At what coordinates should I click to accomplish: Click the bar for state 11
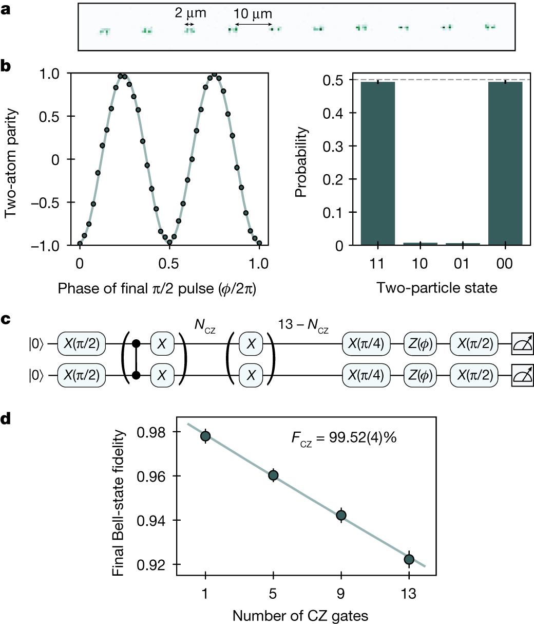tap(378, 163)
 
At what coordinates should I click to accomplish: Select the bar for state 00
tap(505, 163)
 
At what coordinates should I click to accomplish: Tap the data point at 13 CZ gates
tap(409, 559)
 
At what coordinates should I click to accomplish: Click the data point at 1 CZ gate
tap(205, 436)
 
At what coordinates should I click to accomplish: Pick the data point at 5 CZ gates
tap(273, 475)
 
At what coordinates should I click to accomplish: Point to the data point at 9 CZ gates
tap(341, 515)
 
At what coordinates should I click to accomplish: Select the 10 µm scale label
tap(253, 14)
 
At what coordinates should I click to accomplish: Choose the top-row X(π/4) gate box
tap(366, 343)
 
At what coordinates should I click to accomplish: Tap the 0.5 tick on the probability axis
tap(338, 80)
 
